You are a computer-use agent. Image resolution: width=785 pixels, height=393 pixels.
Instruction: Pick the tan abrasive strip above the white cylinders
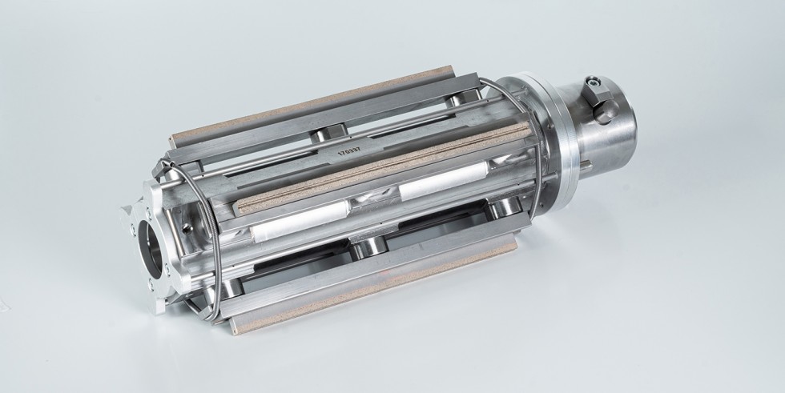[383, 166]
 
